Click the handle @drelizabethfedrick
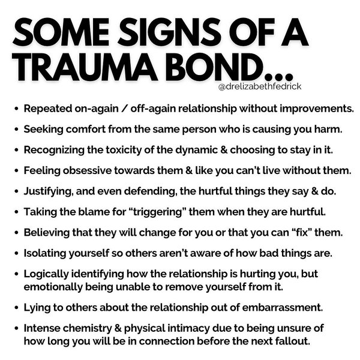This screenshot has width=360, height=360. pos(259,86)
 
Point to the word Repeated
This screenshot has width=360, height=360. pos(48,109)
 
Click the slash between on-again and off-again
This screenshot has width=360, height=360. pos(124,109)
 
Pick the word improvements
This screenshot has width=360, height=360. pos(316,109)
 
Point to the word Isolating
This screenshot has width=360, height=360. pos(45,253)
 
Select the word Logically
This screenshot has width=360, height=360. pos(46,274)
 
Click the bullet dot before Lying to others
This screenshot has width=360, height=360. pos(16,307)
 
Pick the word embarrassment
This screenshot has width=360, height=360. pos(282,307)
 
